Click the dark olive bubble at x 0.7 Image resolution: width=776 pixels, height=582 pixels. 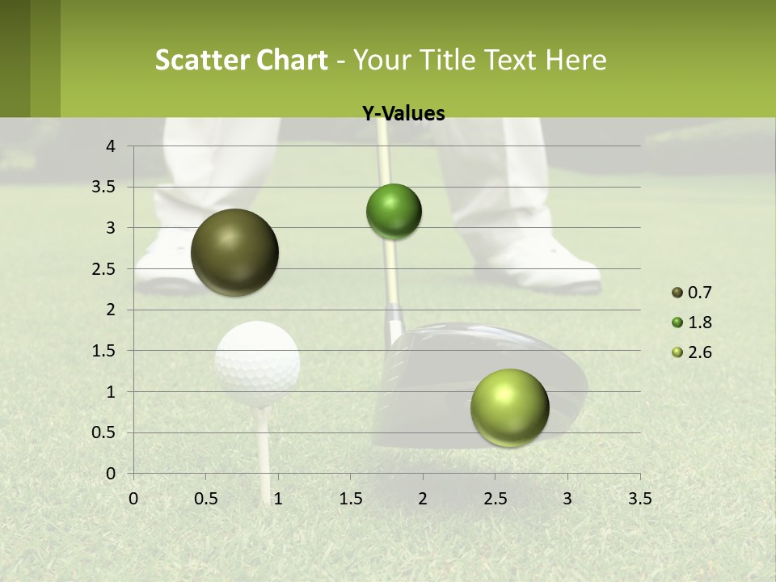pos(235,252)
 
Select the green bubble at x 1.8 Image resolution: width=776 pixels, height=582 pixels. pos(394,212)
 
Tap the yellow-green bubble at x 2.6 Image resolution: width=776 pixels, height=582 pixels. pos(509,407)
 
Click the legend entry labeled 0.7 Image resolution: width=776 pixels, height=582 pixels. pos(692,293)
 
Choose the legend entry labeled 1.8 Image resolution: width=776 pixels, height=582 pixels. pos(692,323)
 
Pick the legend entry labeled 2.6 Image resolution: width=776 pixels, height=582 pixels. pos(692,352)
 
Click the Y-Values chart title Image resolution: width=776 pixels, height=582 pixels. pos(403,113)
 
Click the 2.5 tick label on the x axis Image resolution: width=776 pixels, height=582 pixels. pos(495,499)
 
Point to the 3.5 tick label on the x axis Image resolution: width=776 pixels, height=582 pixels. pos(639,499)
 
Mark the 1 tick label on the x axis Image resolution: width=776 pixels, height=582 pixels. pos(278,499)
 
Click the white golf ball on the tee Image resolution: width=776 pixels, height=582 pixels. pos(258,363)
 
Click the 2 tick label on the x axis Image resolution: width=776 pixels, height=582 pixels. pos(423,499)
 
